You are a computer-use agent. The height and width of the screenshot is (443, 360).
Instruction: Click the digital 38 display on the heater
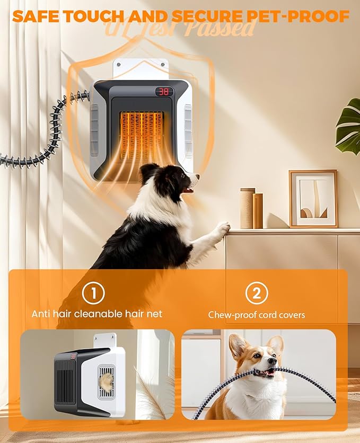pyautogui.click(x=164, y=92)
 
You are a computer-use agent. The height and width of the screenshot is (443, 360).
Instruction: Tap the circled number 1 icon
pyautogui.click(x=94, y=293)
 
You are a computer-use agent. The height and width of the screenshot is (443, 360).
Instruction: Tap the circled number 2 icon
pyautogui.click(x=257, y=293)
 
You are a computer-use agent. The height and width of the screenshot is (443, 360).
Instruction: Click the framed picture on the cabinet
pyautogui.click(x=313, y=198)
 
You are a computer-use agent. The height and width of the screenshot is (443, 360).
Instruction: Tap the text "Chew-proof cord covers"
pyautogui.click(x=257, y=315)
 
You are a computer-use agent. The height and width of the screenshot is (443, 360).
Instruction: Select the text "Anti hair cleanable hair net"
pyautogui.click(x=96, y=314)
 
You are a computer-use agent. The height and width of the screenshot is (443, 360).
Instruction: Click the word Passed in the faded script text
pyautogui.click(x=223, y=28)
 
